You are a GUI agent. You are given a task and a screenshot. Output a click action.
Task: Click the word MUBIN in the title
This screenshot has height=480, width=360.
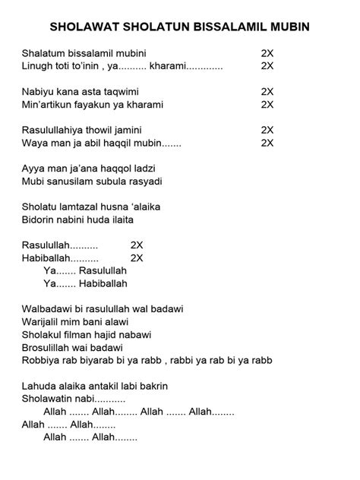click(x=289, y=28)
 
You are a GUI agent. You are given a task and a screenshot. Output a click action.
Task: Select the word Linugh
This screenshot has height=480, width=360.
click(x=38, y=66)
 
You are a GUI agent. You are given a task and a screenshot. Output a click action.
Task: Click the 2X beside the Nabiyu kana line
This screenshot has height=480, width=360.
click(x=267, y=92)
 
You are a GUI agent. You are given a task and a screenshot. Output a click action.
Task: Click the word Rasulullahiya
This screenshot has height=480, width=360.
click(x=53, y=131)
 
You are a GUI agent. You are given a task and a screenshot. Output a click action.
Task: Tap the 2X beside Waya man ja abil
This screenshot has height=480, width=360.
click(x=267, y=143)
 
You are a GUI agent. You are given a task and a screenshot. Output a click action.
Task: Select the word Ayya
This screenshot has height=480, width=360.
click(x=34, y=169)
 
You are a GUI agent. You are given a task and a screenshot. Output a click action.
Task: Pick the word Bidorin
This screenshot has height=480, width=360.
click(x=39, y=219)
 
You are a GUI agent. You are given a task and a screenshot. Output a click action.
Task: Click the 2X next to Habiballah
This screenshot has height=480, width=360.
click(x=137, y=258)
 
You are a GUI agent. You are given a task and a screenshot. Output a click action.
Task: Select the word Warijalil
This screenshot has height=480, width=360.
click(x=44, y=322)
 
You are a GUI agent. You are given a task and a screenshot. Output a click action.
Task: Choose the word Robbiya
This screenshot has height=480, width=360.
click(x=43, y=360)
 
